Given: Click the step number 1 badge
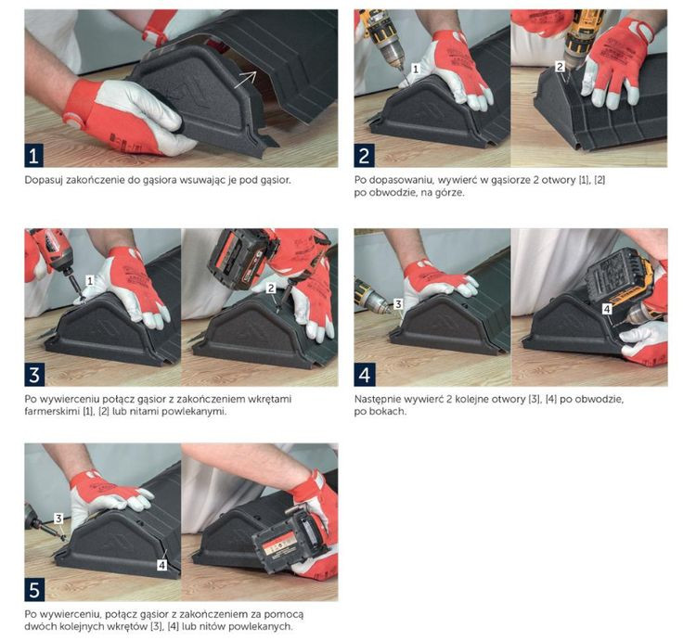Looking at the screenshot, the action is [x=34, y=157].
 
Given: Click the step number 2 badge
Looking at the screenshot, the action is [x=364, y=157].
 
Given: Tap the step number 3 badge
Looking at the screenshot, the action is [x=34, y=376].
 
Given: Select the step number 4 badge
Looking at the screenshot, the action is [x=364, y=376].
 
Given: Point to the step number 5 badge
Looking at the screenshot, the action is [x=34, y=590].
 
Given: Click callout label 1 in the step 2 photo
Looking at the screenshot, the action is [x=416, y=69].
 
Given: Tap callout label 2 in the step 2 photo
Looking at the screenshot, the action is [x=560, y=67].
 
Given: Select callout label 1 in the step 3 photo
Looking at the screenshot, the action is [x=90, y=281].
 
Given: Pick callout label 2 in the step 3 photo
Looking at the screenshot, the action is [x=271, y=288].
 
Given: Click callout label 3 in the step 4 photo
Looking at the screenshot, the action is [x=398, y=304].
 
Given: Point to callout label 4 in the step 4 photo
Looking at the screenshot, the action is [x=607, y=309].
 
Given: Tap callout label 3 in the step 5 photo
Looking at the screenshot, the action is [x=58, y=519].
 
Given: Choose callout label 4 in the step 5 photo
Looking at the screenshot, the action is [x=162, y=565].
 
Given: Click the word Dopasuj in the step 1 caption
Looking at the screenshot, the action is [x=42, y=181].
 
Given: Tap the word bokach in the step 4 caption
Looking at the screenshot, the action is [x=392, y=411].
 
